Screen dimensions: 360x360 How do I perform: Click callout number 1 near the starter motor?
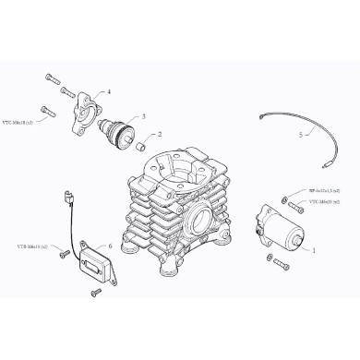[315, 250]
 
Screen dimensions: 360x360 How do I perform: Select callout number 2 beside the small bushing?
[160, 134]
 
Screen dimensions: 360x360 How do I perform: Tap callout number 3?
[143, 117]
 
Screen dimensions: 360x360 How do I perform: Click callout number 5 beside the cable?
[300, 135]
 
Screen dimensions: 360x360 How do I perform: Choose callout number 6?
[111, 246]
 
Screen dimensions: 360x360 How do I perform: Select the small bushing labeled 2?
[142, 146]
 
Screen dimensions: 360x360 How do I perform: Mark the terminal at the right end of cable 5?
[330, 168]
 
